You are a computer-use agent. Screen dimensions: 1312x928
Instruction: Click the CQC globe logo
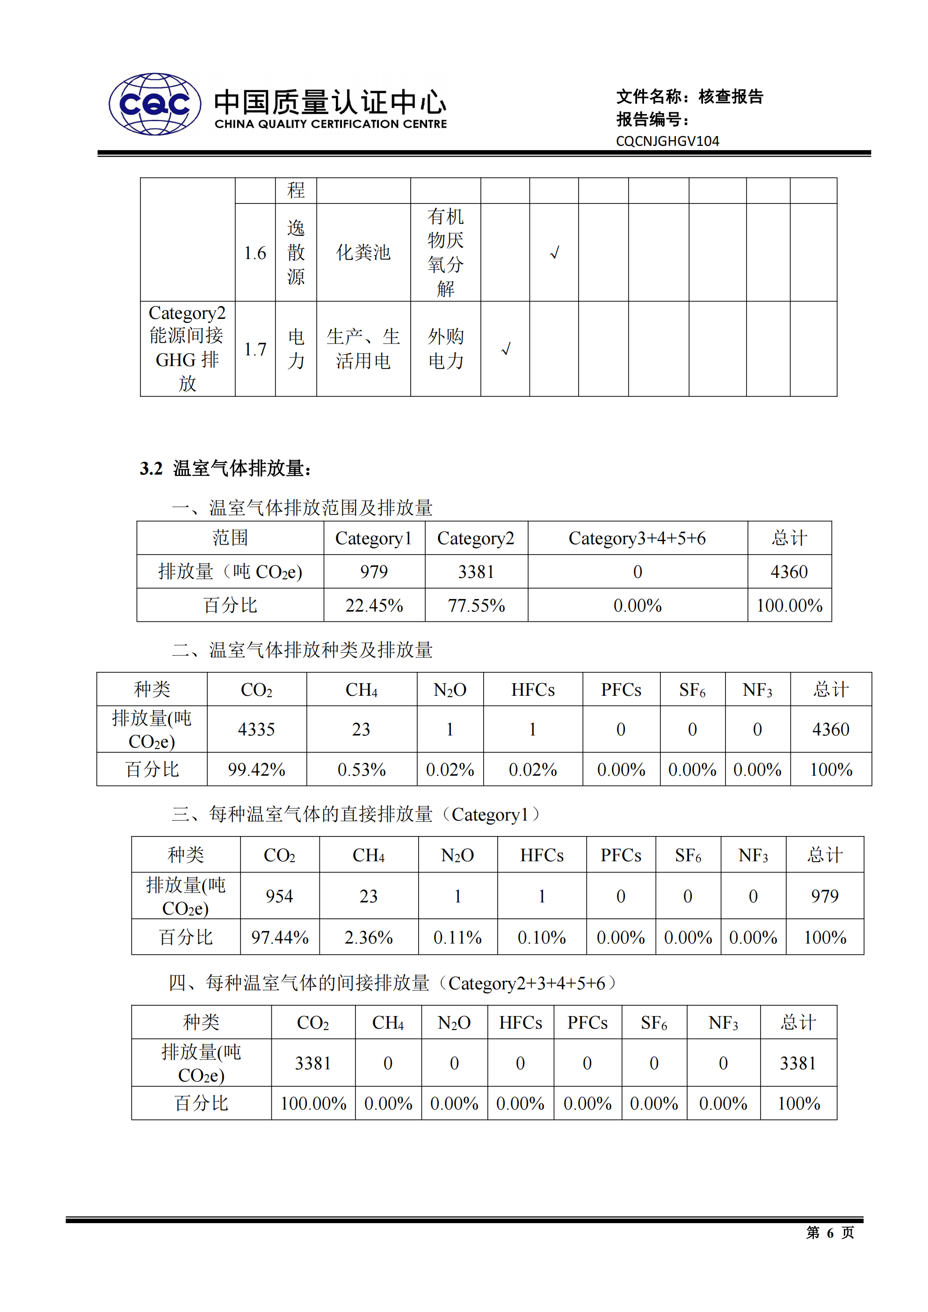(154, 104)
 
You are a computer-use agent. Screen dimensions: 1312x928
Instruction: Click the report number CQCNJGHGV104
(667, 141)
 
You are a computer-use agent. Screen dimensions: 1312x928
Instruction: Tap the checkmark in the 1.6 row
(554, 252)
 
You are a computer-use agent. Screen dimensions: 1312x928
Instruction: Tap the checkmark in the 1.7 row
(506, 348)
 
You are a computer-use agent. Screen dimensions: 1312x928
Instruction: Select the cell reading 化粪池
(363, 252)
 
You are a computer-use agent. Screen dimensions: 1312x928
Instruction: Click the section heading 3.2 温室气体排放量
(225, 469)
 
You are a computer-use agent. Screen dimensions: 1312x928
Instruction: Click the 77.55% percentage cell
(476, 606)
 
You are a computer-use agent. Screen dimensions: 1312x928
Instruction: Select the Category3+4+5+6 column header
(637, 538)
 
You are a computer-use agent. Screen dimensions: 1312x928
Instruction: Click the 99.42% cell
(256, 770)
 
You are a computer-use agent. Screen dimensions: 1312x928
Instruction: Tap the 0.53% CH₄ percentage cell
(362, 770)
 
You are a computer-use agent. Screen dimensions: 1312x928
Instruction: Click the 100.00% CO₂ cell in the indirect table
(313, 1103)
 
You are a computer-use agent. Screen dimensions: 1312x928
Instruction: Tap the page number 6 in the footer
(830, 1233)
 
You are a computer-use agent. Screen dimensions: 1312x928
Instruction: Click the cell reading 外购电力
(445, 348)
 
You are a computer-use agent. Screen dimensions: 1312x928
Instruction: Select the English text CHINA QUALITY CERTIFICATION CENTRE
(331, 124)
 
